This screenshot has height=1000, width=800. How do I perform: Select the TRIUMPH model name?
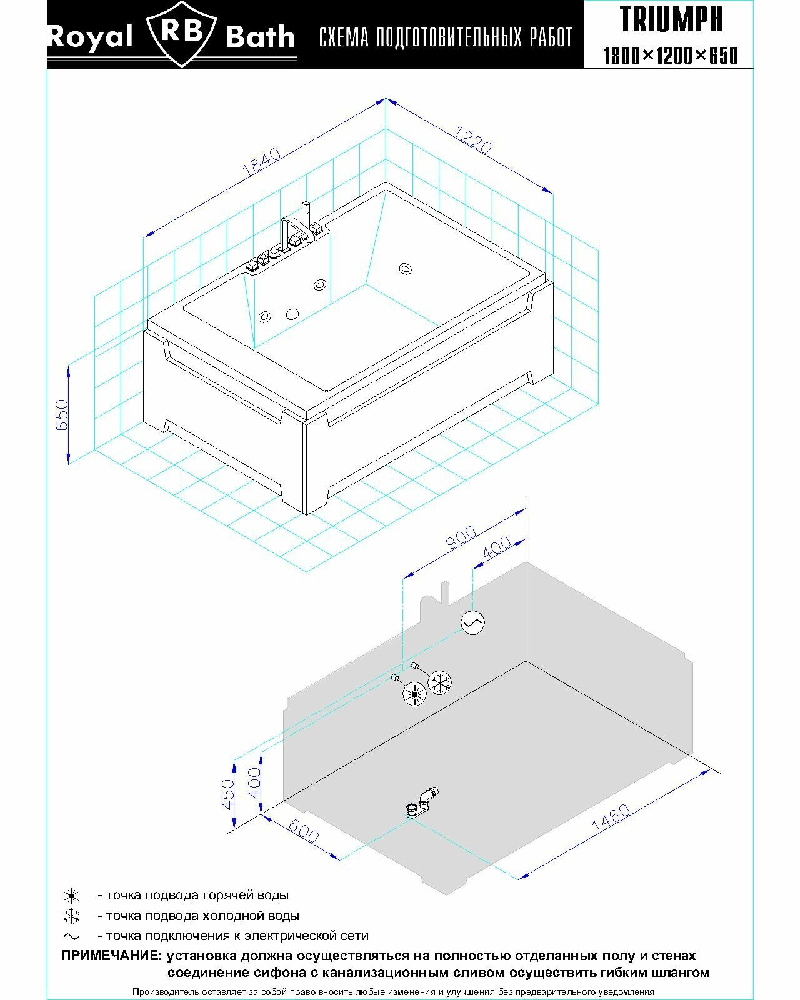click(x=671, y=19)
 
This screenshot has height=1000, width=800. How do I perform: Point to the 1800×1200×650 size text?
click(x=671, y=56)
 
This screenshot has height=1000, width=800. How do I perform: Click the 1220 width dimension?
click(x=473, y=139)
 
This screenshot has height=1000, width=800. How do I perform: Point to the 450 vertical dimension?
click(x=229, y=794)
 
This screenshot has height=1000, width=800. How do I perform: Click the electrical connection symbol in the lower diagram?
click(x=472, y=622)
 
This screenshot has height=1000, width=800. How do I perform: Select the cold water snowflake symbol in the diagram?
click(x=441, y=682)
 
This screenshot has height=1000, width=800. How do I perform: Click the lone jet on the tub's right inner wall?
click(x=406, y=269)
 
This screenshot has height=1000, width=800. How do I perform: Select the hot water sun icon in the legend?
click(x=72, y=896)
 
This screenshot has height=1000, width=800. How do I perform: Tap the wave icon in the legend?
click(x=72, y=936)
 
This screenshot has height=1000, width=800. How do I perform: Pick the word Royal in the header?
click(x=89, y=37)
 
